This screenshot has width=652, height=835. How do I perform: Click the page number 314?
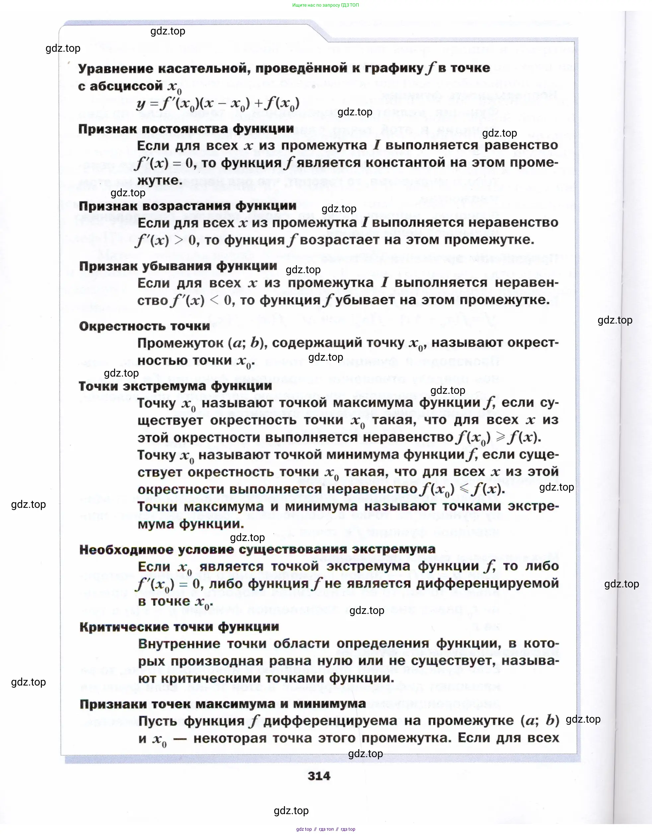[319, 776]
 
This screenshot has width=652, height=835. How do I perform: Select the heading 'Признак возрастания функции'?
[187, 206]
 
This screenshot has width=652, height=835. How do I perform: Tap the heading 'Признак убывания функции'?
[178, 266]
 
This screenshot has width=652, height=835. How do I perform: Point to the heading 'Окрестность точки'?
[144, 326]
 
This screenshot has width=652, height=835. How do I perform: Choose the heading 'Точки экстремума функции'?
[175, 386]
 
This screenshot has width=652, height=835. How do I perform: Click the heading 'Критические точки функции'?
[179, 627]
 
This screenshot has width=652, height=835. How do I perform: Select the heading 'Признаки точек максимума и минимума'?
[223, 704]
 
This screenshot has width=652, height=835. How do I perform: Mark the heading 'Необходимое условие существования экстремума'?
[257, 549]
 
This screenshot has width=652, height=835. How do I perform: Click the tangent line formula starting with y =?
[217, 104]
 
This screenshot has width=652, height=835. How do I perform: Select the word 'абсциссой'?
[126, 87]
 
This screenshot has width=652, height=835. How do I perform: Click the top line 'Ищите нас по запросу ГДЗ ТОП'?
[325, 5]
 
